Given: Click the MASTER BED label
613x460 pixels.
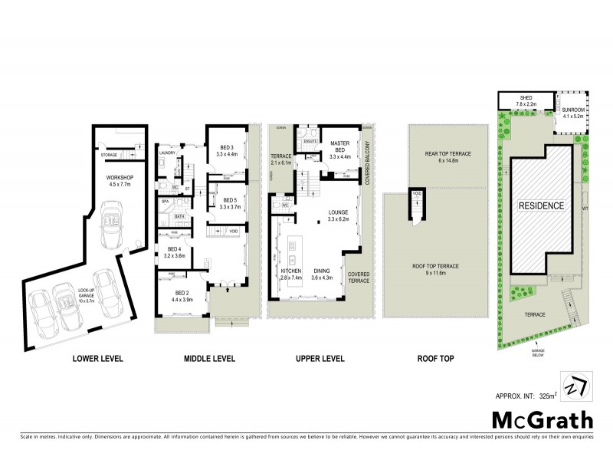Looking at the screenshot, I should [x=339, y=144].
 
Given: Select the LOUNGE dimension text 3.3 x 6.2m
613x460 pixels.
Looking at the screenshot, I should [x=339, y=219].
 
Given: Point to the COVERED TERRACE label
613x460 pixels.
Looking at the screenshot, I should [x=359, y=277].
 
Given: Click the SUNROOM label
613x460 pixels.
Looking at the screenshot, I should [x=574, y=110].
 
